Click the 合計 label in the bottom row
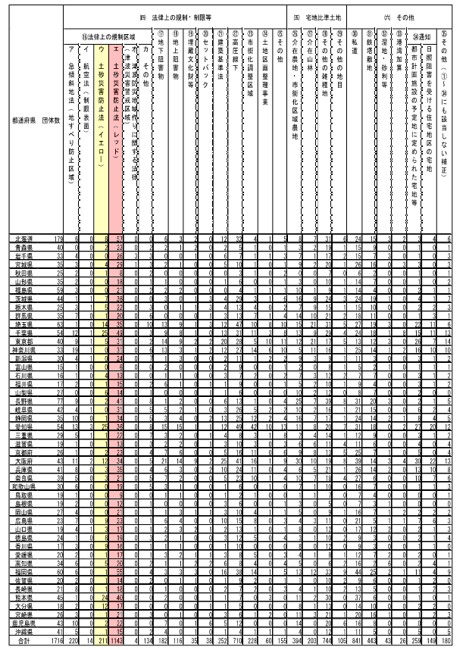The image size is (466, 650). [x=22, y=640]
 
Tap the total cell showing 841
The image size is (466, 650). [x=355, y=640]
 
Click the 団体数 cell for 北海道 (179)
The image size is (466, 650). [x=55, y=239]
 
